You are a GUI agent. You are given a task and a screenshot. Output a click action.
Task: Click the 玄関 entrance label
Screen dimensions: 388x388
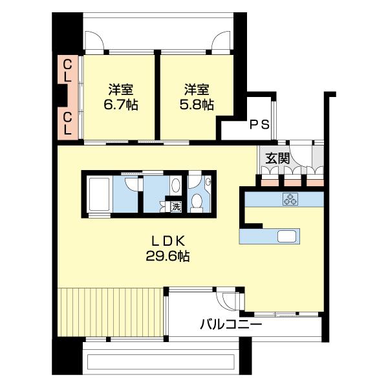(x=275, y=157)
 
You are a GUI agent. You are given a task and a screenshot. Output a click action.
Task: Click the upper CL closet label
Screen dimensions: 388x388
(x=67, y=70)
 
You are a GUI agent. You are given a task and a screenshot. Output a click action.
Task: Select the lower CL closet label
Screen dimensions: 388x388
(x=67, y=123)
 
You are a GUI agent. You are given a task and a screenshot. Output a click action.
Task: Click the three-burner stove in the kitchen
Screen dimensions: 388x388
(x=288, y=200)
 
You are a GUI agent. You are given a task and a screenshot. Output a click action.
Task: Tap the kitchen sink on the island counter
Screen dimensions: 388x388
(x=287, y=236)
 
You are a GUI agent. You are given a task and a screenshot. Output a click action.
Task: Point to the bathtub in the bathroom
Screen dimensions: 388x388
(x=98, y=193)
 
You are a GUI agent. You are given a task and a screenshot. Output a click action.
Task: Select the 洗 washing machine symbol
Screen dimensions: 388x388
(x=175, y=207)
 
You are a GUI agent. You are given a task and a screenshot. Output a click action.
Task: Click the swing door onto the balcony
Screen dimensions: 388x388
(x=230, y=301)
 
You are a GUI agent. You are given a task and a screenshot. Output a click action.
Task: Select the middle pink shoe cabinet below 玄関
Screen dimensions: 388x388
(x=292, y=180)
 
